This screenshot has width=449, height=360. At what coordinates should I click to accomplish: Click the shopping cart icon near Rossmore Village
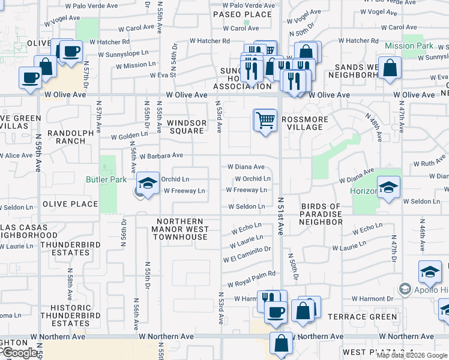[x=265, y=121]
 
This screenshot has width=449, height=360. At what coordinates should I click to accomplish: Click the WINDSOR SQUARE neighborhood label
[x=187, y=127]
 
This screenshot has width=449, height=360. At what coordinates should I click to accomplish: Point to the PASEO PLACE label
[x=243, y=14]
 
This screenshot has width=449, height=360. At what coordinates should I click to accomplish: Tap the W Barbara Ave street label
[x=161, y=155]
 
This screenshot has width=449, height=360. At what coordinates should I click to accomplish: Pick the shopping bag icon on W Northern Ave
[x=281, y=344]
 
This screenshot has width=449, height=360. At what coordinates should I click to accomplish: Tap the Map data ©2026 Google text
[x=411, y=355]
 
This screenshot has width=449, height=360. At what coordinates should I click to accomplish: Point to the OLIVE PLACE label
[x=70, y=204]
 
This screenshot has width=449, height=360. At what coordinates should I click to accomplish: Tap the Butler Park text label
[x=107, y=179]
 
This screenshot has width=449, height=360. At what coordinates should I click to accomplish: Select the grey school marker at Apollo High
[x=405, y=290]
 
